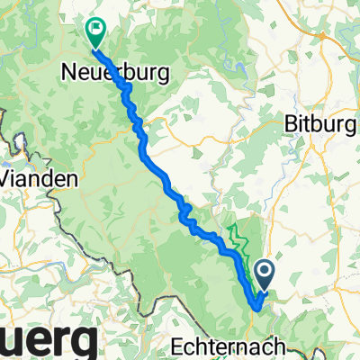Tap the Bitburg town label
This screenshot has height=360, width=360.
tap(319, 123)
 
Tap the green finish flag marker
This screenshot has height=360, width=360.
tap(94, 32)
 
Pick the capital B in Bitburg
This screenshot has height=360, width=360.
tap(290, 122)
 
